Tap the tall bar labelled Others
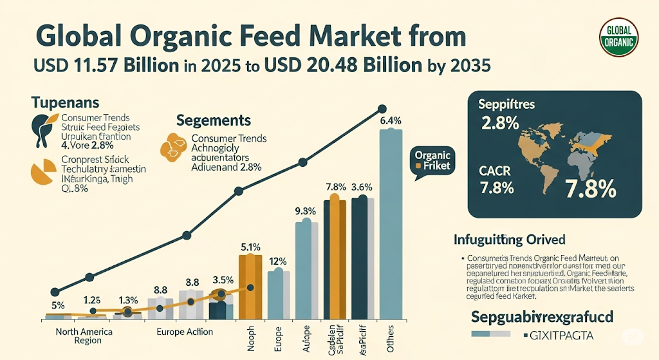(x=391, y=225)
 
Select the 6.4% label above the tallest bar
(x=391, y=120)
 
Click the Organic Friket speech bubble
(x=432, y=161)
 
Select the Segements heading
(x=213, y=120)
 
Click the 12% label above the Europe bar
(x=277, y=261)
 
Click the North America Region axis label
(x=83, y=336)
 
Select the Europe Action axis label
(x=185, y=332)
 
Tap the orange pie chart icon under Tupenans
(x=42, y=171)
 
